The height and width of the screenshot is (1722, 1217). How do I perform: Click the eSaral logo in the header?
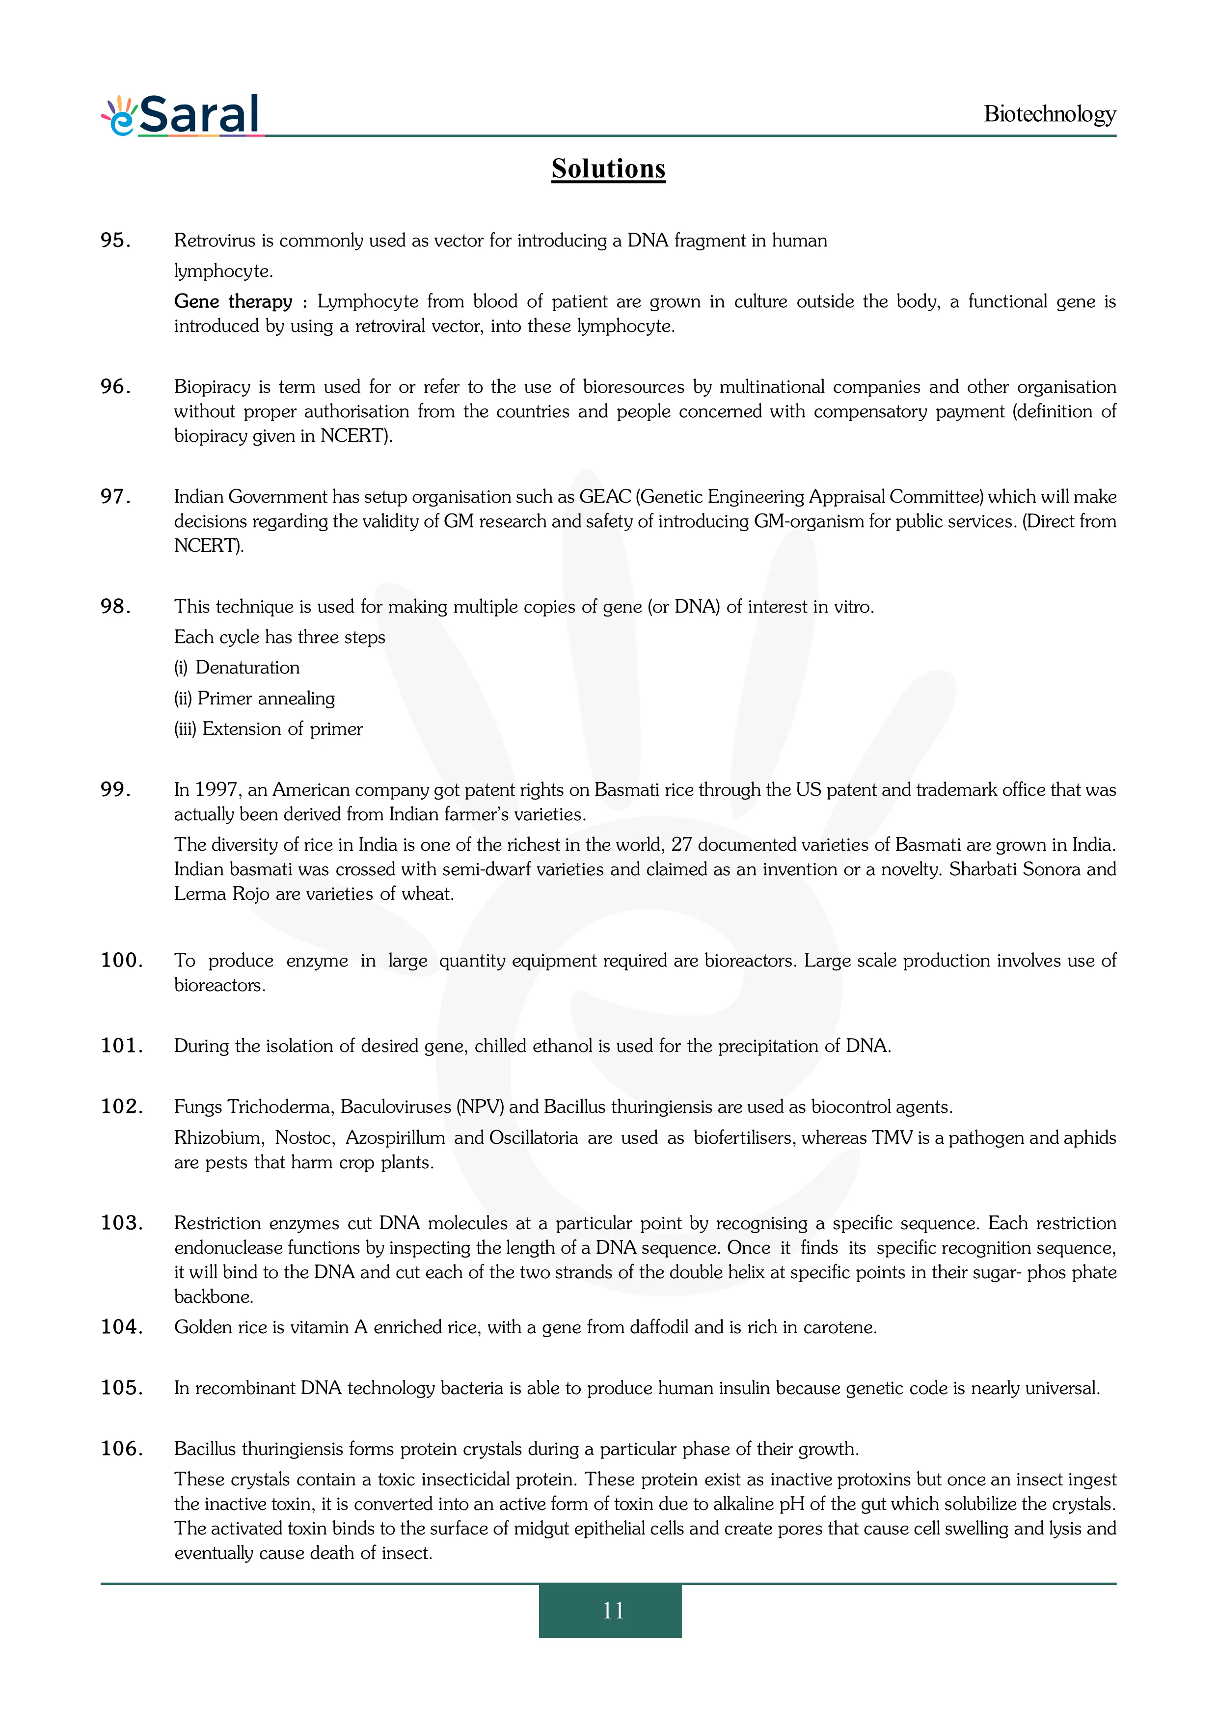coord(182,115)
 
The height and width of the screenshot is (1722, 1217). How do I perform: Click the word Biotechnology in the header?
coord(1049,114)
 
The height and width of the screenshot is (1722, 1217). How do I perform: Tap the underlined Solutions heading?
coord(608,169)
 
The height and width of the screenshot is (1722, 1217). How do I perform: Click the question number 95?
coord(115,240)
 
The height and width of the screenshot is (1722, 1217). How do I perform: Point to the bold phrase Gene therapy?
coord(233,301)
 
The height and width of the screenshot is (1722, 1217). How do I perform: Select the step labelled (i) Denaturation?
coord(237,668)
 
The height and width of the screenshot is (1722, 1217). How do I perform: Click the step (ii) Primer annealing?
coord(254,698)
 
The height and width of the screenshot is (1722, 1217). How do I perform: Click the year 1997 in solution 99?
coord(216,790)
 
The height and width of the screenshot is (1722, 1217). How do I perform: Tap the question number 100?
coord(121,960)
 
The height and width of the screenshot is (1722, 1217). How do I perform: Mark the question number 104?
coord(121,1327)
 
